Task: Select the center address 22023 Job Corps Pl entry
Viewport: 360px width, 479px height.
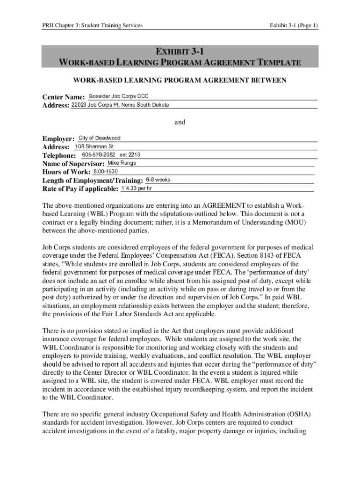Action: click(120, 105)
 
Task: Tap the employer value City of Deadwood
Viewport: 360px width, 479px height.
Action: click(99, 138)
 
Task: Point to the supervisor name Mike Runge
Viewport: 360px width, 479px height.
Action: click(122, 163)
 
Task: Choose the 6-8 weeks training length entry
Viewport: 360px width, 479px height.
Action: click(158, 180)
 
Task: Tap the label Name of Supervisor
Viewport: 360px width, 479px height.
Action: click(73, 164)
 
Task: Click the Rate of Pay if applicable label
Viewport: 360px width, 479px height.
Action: click(80, 189)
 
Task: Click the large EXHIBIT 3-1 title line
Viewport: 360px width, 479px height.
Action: click(180, 51)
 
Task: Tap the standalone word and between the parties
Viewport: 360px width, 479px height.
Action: click(180, 122)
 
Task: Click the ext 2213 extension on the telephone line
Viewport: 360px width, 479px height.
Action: click(130, 155)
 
